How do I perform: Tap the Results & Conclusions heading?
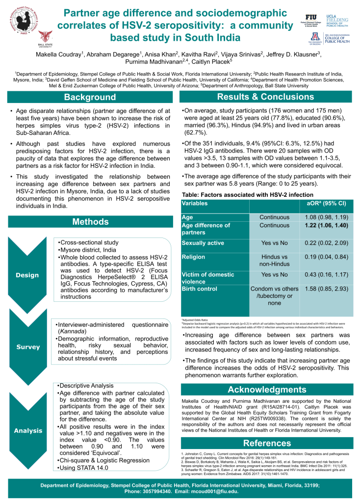(265, 97)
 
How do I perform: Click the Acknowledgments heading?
(265, 390)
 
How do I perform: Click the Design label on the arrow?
(27, 275)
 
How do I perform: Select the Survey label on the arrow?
(28, 347)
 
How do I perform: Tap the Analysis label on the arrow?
(28, 431)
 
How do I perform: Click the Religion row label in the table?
(193, 257)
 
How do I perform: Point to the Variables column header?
(195, 203)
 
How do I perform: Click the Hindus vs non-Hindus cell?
(274, 260)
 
